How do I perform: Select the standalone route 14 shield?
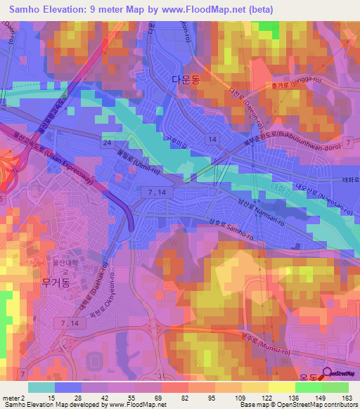tap(212, 140)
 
